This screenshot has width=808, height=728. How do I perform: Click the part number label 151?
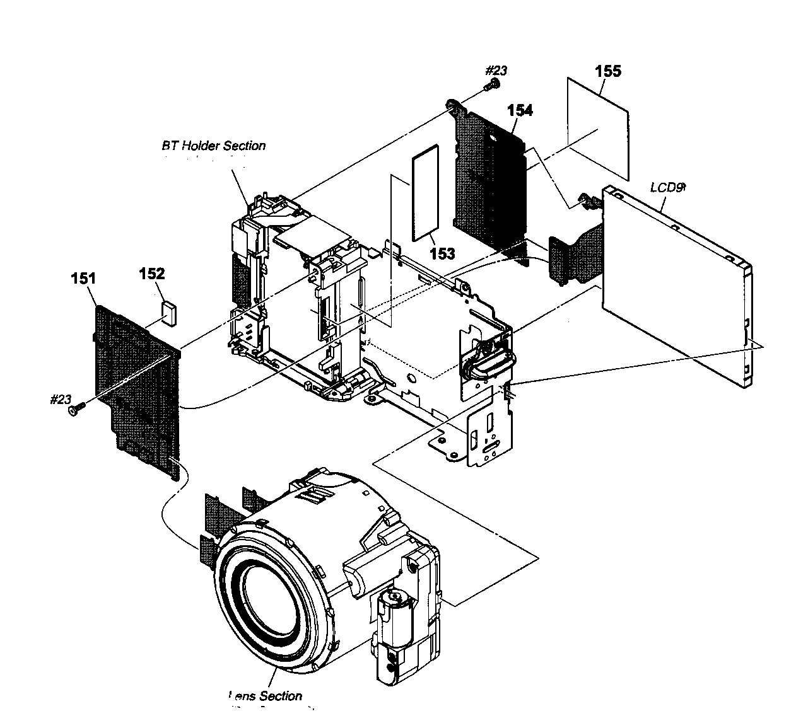click(84, 278)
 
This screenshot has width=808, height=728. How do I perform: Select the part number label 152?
click(152, 274)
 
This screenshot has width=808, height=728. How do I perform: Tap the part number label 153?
click(442, 253)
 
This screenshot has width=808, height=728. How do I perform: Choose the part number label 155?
click(608, 71)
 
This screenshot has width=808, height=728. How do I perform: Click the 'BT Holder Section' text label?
click(213, 146)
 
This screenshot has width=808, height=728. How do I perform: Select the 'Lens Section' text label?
click(266, 696)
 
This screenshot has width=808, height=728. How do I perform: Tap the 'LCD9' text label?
click(666, 187)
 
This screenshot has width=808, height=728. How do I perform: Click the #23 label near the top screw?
click(495, 71)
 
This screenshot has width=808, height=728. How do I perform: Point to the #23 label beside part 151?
click(61, 399)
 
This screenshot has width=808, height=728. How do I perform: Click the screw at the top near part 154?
click(492, 86)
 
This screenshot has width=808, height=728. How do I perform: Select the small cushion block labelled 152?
click(169, 313)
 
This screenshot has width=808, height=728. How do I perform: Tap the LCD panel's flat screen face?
click(669, 290)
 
